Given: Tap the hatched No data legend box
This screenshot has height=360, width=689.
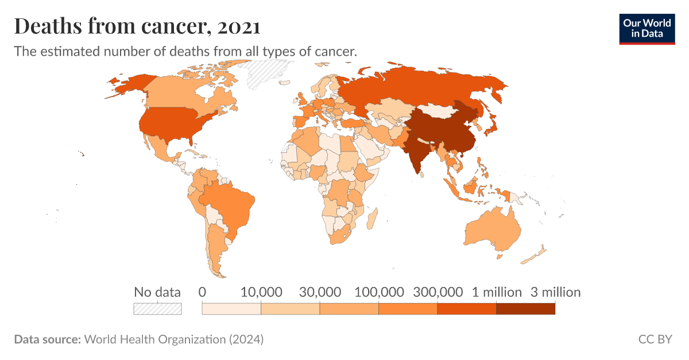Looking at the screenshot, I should point(157,309).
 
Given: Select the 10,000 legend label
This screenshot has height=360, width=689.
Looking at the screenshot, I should point(261,292).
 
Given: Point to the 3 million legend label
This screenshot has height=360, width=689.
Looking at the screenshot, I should point(555,292).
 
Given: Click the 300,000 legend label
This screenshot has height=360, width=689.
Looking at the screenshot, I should point(437,292).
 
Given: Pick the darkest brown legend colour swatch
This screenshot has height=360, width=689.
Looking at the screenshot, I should point(525,309).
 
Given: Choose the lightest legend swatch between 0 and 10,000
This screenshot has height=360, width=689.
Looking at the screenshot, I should point(231,309).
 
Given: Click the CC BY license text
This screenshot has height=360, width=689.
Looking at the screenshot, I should point(655,339).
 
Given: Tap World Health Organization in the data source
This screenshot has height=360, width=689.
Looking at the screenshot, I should point(155,339).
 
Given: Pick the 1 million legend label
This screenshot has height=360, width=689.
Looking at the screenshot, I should point(497,292).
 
